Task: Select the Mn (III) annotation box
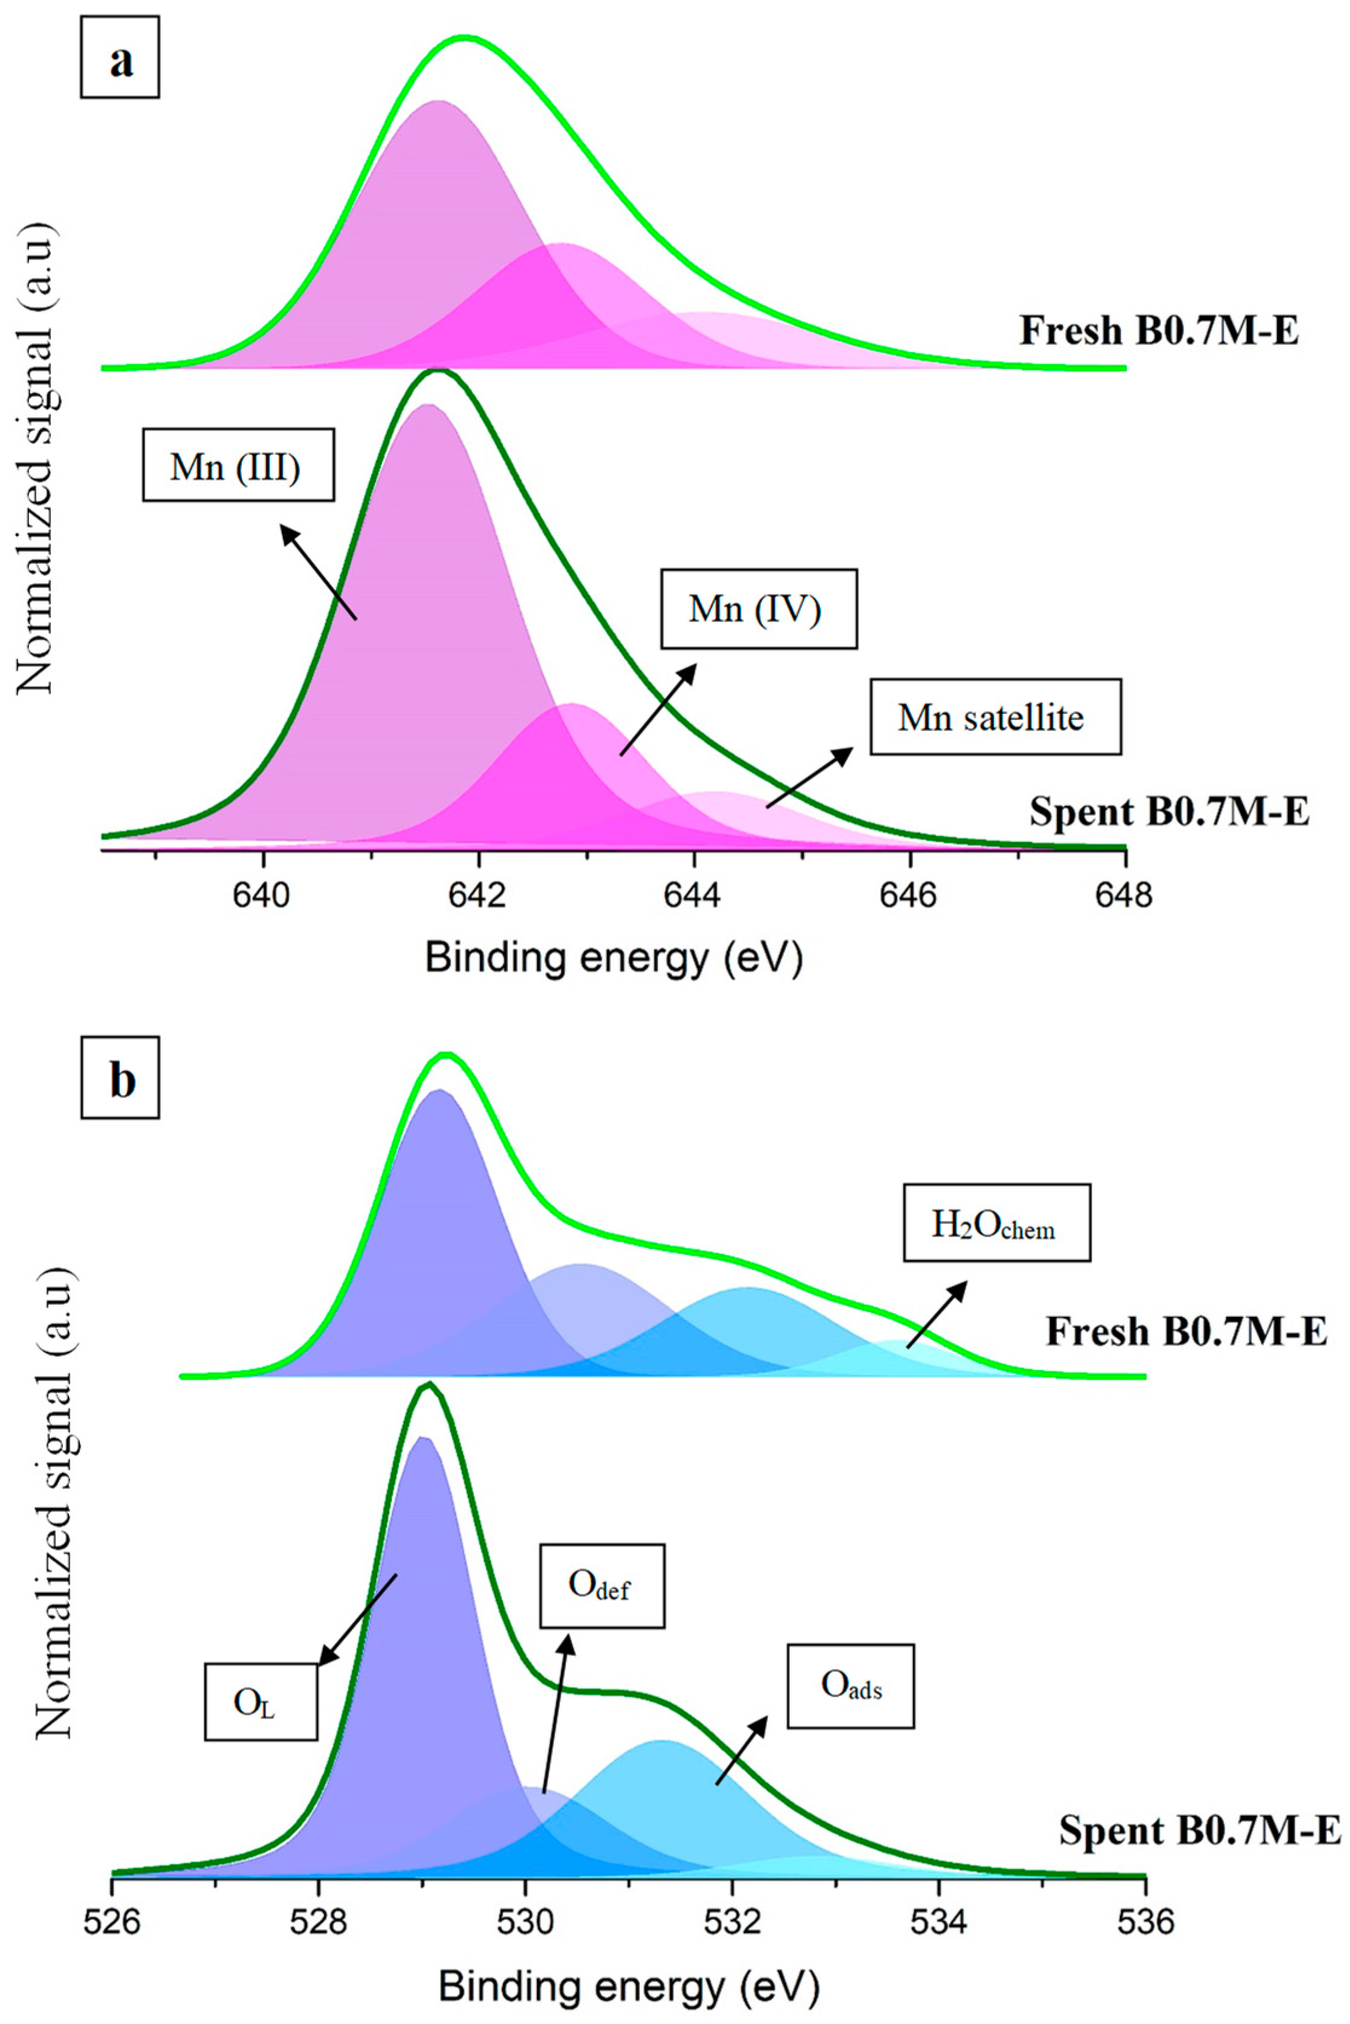(x=238, y=466)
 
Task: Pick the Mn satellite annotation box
(x=995, y=717)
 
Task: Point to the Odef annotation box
(x=602, y=1585)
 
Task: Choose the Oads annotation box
(x=850, y=1685)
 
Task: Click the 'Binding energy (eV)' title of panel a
(x=614, y=958)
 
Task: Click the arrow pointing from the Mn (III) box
(x=319, y=573)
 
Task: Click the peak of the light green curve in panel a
(x=465, y=38)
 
